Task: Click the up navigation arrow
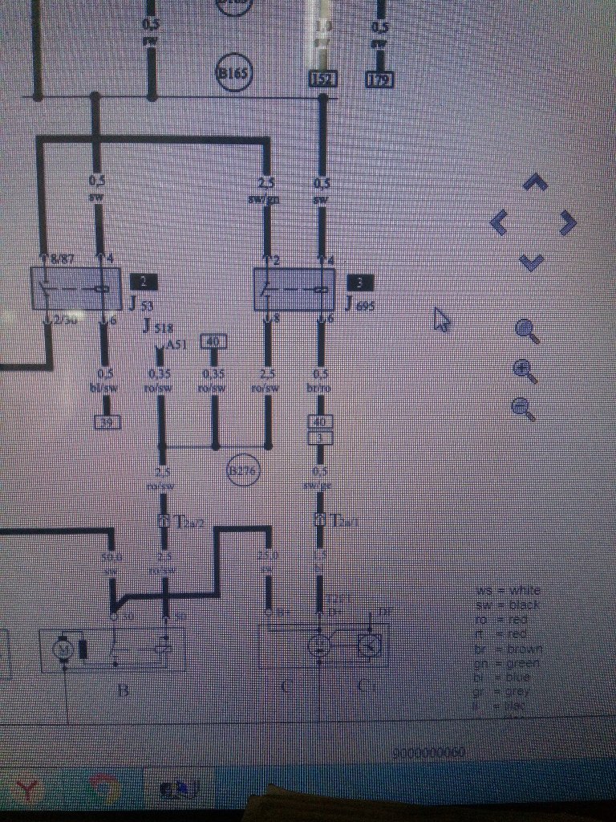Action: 535,184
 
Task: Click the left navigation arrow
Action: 498,222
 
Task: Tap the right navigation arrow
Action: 568,222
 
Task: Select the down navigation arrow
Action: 533,261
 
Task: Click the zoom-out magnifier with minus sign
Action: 523,408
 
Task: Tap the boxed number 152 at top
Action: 322,79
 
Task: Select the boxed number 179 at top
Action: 379,79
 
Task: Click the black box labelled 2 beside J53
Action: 144,282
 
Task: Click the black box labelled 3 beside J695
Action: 360,282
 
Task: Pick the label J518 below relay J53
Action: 157,325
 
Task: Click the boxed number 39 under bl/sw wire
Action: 105,421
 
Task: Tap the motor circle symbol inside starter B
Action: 62,648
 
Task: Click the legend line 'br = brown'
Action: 509,649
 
